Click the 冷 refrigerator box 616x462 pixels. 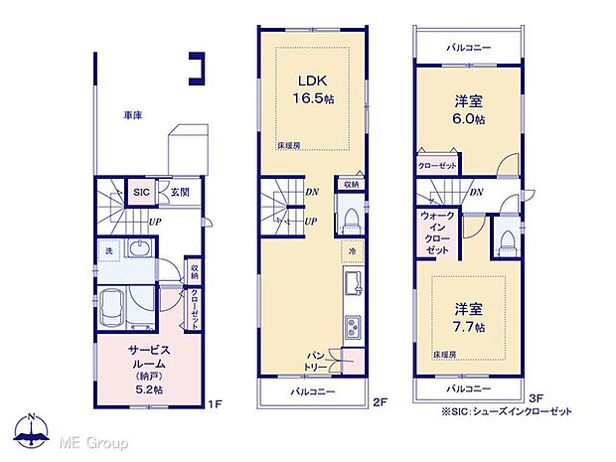352,251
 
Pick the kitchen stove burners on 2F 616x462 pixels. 352,325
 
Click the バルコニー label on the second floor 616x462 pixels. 311,390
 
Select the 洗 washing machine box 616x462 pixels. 109,251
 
